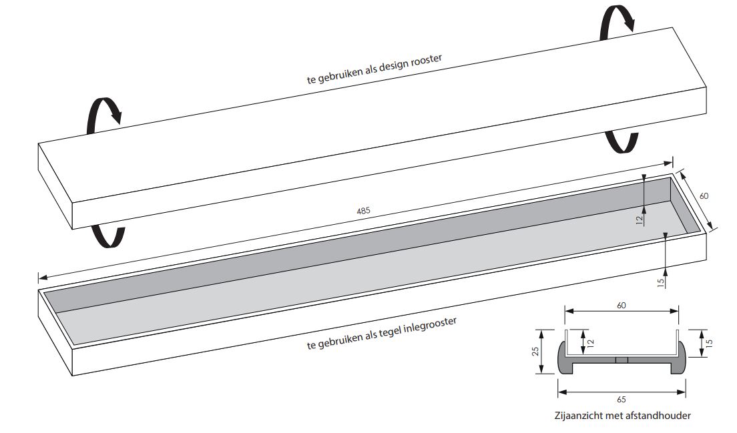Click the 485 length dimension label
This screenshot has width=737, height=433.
[x=363, y=211]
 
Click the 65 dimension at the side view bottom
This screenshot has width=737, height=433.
[x=622, y=400]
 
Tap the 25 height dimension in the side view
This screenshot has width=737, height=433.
[x=535, y=352]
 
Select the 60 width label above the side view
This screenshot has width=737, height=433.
[x=622, y=306]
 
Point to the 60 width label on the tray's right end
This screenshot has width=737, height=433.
[x=704, y=196]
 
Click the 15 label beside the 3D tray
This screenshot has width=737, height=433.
[x=660, y=282]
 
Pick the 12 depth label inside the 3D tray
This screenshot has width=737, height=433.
[x=640, y=220]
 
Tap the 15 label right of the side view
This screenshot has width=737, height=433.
[x=710, y=344]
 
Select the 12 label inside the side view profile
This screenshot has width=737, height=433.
[x=591, y=343]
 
